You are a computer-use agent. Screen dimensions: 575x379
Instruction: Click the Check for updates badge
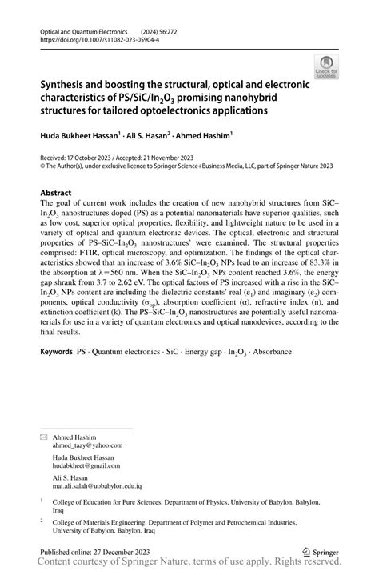point(325,67)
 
